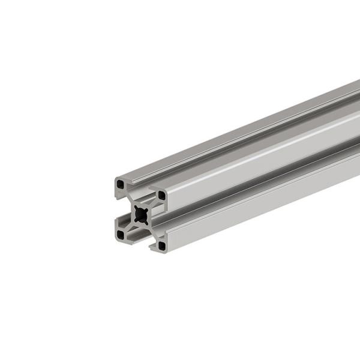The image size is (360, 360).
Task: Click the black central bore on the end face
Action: tap(142, 214)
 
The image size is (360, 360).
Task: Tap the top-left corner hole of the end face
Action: tap(122, 183)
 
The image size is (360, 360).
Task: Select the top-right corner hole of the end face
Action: tap(161, 195)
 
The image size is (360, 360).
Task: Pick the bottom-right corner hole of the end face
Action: tap(161, 245)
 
